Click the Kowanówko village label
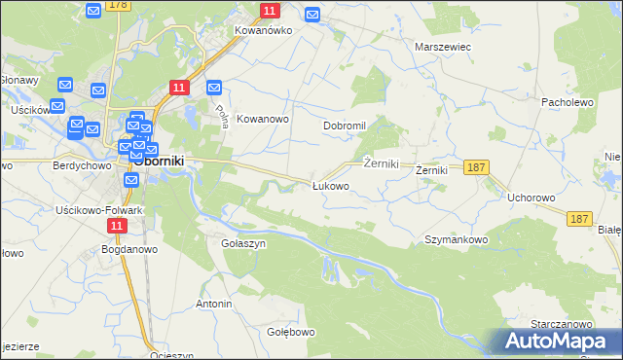pyautogui.click(x=264, y=30)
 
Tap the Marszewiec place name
pyautogui.click(x=443, y=46)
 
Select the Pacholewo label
pyautogui.click(x=568, y=101)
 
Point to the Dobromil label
pyautogui.click(x=344, y=126)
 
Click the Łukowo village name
pyautogui.click(x=330, y=185)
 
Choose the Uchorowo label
pyautogui.click(x=531, y=198)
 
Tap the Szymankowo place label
pyautogui.click(x=456, y=239)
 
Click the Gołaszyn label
pyautogui.click(x=243, y=243)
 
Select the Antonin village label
pyautogui.click(x=214, y=304)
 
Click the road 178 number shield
pyautogui.click(x=118, y=5)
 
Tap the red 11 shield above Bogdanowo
pyautogui.click(x=118, y=226)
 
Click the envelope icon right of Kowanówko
pyautogui.click(x=312, y=15)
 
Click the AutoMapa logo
pyautogui.click(x=559, y=342)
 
